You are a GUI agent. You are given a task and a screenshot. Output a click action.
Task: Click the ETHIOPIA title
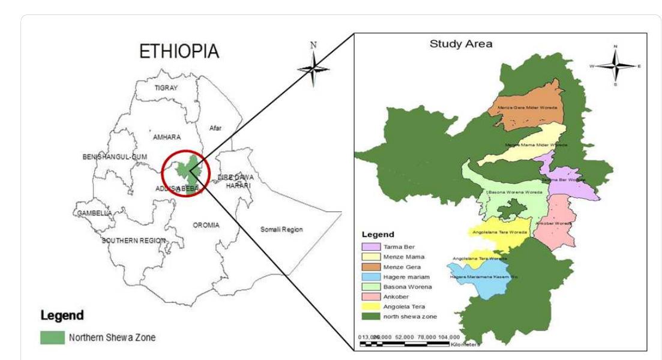point(179,52)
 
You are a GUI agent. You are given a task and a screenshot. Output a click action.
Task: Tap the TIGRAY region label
point(166,88)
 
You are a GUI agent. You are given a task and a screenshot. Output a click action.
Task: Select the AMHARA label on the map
point(166,137)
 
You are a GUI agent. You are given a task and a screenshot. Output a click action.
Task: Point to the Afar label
point(215,128)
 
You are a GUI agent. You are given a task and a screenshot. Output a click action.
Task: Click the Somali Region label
point(281,229)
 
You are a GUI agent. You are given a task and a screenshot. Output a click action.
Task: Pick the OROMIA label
point(206,225)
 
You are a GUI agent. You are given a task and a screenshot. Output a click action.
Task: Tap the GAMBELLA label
point(94,213)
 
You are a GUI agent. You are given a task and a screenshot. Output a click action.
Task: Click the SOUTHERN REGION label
point(133,241)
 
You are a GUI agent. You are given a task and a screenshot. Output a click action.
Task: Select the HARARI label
point(238,186)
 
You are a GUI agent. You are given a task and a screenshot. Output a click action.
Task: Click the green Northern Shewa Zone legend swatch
point(52,337)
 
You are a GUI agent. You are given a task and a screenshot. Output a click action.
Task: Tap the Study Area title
point(461,44)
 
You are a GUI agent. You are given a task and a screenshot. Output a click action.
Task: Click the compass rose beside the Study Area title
point(615,65)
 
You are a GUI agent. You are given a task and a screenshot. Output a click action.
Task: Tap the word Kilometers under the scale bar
point(465,344)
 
